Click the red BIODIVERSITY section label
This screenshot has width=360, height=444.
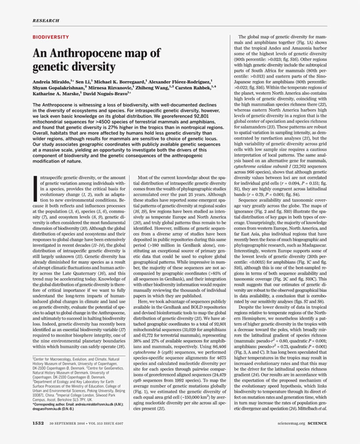coord(50,37)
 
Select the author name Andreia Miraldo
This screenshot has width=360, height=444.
coord(50,82)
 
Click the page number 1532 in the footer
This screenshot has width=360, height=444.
coord(38,423)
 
